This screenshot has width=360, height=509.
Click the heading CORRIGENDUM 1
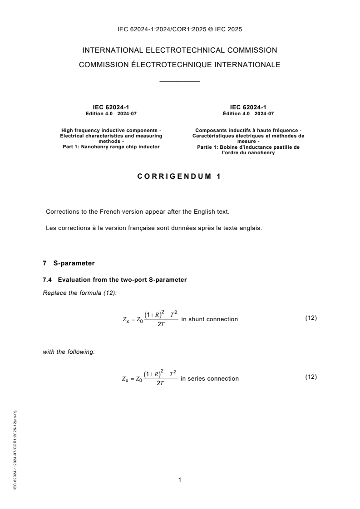click(180, 177)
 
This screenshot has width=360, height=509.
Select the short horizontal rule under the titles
click(180, 81)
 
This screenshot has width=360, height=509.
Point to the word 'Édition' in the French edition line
click(232, 114)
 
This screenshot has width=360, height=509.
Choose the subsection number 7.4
click(47, 280)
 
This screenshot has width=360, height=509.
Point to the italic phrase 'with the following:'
click(69, 352)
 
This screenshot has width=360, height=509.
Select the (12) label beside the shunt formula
click(311, 318)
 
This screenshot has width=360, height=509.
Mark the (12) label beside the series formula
click(311, 377)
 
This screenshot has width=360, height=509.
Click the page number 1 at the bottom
click(180, 479)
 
